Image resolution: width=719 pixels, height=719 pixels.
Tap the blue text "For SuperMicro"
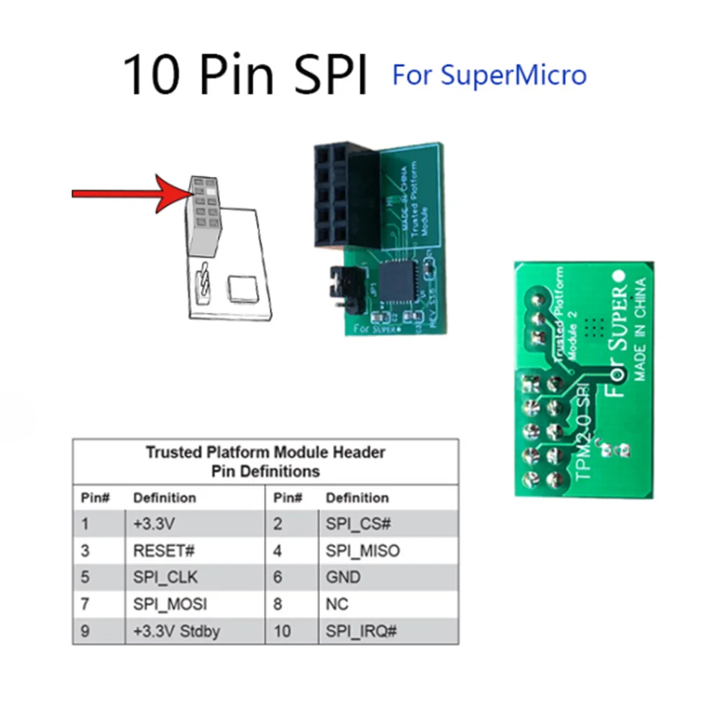pos(489,74)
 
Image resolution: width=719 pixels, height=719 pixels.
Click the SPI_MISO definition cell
pos(362,551)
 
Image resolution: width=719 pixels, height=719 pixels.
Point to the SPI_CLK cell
pos(165,577)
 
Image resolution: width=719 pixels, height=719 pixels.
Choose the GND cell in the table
pos(343,577)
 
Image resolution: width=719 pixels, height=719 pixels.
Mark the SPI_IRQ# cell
pos(362,632)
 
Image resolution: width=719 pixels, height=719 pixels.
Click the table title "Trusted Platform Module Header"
pos(265,452)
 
